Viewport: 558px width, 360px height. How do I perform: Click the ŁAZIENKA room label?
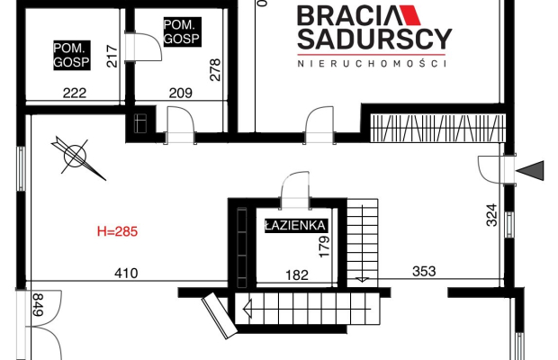coord(296,226)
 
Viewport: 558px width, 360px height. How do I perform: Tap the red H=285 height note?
coord(117,231)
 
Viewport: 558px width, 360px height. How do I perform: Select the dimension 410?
coord(126,274)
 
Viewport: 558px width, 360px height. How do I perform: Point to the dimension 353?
coord(424,272)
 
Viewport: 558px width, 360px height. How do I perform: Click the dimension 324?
coord(491,215)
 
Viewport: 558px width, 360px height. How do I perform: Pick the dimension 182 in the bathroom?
coord(297,275)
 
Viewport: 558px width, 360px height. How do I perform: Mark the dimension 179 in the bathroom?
coord(324,247)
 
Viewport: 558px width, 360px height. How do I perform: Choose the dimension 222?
coord(75,94)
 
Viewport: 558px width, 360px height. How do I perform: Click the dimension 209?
coord(180,93)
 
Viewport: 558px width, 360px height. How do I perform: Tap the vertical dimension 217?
coord(112,56)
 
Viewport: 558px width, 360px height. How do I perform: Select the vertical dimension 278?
coord(215,70)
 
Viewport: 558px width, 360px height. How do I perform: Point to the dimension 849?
coord(38,304)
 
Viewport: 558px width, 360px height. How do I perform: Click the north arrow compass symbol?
coord(76,157)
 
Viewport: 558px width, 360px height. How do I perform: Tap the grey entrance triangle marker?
coord(530,170)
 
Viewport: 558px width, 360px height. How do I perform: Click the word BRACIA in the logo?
coord(350,15)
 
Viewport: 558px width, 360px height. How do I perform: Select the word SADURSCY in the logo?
coord(374,39)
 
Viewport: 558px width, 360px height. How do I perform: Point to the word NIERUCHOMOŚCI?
coord(372,64)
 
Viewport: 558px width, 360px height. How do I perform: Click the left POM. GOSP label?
coord(71,55)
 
